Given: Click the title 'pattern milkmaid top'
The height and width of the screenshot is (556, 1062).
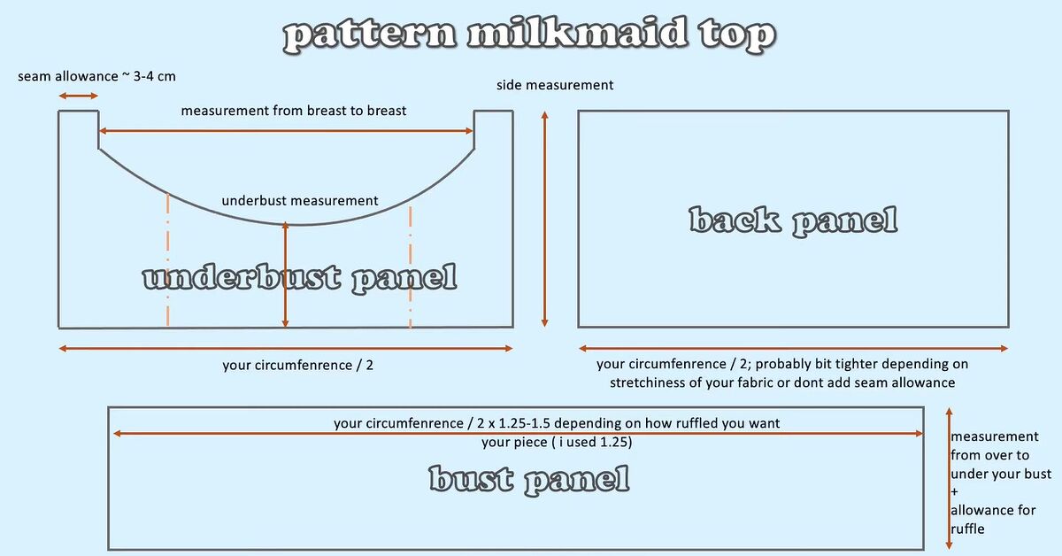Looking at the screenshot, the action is click(528, 35).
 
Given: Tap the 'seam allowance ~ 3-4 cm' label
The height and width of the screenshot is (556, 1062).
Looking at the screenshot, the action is click(96, 76).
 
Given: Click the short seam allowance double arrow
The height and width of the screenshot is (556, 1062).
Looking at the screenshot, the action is click(78, 97).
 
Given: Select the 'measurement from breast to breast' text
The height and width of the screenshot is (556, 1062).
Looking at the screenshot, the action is click(294, 111).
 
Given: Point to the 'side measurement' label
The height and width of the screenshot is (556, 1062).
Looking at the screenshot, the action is click(555, 85).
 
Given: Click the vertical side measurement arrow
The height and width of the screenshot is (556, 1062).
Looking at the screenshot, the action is click(545, 220).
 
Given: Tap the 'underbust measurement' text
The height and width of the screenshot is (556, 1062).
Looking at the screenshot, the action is click(300, 201).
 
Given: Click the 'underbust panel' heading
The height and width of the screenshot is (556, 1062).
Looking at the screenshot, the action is click(300, 279).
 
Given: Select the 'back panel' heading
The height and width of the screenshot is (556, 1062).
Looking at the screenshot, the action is click(793, 221).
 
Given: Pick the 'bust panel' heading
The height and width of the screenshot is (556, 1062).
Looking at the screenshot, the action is click(529, 480).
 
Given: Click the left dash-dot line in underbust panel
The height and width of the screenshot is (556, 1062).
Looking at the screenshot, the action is click(168, 260).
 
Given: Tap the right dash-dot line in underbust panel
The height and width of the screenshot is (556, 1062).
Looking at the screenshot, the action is click(410, 266).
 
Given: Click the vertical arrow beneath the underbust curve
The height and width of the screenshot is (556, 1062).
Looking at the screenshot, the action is click(285, 275).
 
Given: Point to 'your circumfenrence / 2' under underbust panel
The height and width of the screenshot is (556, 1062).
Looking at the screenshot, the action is click(297, 366).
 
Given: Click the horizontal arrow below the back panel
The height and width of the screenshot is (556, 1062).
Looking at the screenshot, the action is click(793, 349).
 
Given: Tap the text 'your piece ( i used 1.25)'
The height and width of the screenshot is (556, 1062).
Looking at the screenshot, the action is click(557, 443).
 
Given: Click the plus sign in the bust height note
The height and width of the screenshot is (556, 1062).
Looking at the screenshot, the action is click(954, 492).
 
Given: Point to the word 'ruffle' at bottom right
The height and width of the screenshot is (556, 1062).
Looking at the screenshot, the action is click(967, 529).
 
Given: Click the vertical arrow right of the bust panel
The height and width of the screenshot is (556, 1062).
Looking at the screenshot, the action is click(949, 479).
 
